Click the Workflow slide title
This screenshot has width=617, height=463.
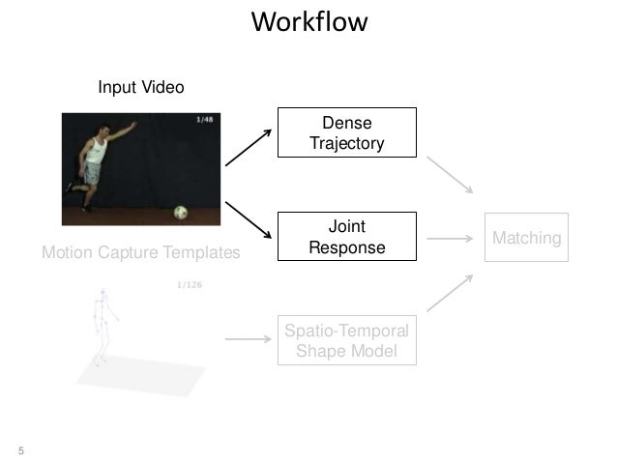[x=309, y=21]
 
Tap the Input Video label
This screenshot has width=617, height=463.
[x=141, y=87]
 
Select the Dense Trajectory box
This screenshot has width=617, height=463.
[x=347, y=132]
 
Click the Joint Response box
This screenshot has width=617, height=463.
[x=347, y=237]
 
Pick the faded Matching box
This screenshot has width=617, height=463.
[x=526, y=237]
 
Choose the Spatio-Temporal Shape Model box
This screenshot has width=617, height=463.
[x=347, y=340]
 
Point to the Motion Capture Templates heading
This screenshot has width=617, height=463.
[x=141, y=252]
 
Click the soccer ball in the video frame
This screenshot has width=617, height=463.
[x=181, y=213]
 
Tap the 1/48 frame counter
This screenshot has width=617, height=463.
[x=205, y=119]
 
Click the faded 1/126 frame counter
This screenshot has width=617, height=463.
[x=190, y=284]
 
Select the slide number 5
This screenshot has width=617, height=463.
[x=21, y=450]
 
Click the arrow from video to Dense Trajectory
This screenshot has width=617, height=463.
[x=249, y=148]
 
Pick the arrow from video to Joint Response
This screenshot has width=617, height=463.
[x=249, y=219]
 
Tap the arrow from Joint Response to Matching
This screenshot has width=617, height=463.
[x=450, y=239]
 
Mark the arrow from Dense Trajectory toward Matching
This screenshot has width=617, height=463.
[x=450, y=175]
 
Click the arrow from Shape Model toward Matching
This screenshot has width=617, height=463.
[x=450, y=293]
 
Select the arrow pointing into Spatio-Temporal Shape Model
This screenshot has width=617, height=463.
[x=249, y=338]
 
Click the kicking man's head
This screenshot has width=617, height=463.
[x=103, y=130]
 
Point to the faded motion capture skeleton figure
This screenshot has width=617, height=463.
[x=103, y=327]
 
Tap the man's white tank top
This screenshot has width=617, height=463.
[x=97, y=150]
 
